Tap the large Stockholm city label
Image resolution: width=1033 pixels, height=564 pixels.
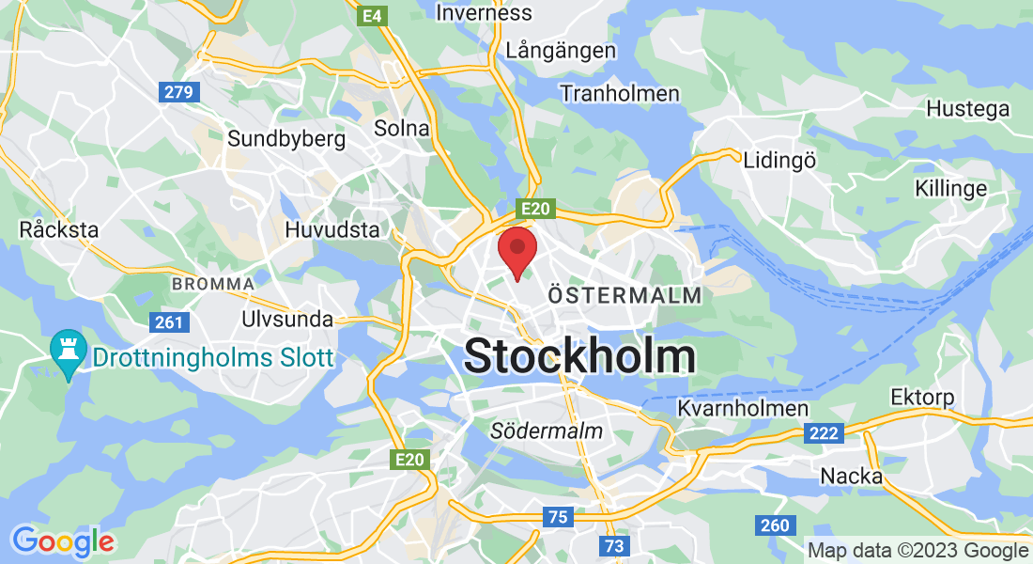point(579,356)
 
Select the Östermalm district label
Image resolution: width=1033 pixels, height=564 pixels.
point(624,295)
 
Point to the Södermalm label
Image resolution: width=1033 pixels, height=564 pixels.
point(547,431)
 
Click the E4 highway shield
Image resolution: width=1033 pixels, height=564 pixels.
point(373,16)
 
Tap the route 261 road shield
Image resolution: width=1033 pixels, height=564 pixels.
point(170,322)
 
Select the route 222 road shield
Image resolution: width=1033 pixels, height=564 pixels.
point(824,432)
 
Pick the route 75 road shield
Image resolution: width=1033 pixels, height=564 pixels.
point(557,516)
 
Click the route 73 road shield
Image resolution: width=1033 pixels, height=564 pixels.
point(614,545)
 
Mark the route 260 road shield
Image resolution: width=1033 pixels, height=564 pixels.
point(776,525)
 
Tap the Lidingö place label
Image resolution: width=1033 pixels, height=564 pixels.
point(779,160)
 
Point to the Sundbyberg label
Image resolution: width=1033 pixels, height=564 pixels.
point(286,139)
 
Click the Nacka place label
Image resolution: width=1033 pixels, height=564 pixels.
point(852,476)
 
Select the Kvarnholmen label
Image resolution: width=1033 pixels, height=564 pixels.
point(743,408)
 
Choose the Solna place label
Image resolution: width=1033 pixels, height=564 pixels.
point(401,128)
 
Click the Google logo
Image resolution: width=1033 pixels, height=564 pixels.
point(63,541)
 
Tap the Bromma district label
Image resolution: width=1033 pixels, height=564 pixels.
point(212,283)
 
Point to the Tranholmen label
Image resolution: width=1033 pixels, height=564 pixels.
point(619,93)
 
